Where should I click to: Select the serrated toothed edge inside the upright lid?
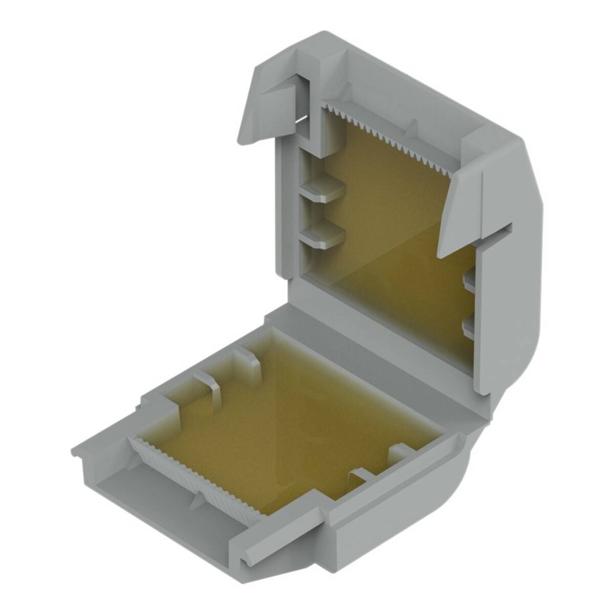click(x=389, y=136)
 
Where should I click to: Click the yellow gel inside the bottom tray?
click(x=287, y=420)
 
